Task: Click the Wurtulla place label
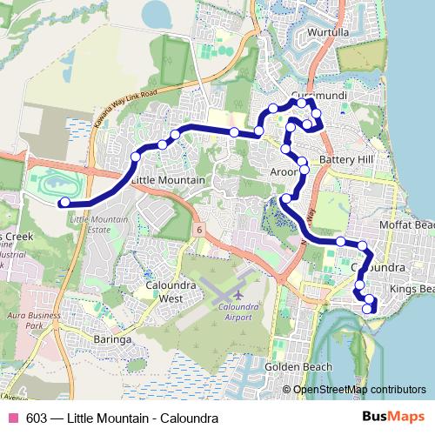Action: (x=325, y=34)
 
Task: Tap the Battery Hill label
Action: (x=345, y=160)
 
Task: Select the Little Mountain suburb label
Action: (x=168, y=180)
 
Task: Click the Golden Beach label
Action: (x=298, y=366)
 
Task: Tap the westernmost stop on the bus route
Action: (x=64, y=204)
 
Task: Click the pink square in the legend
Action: (x=11, y=418)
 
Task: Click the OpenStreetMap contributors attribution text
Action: (x=359, y=389)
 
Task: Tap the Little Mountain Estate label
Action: (x=97, y=226)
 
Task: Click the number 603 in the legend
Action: (x=37, y=418)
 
